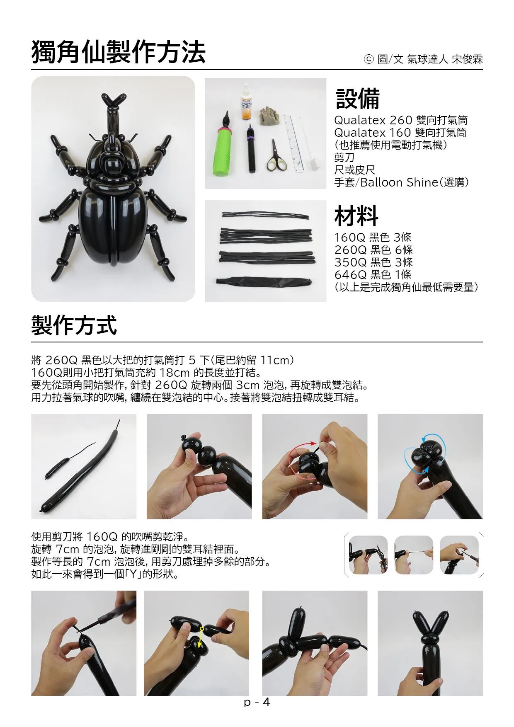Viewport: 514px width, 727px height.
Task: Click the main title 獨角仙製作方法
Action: coord(119,52)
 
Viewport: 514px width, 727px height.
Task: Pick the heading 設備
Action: coord(357,98)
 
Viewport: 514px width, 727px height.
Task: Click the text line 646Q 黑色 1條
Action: coord(373,274)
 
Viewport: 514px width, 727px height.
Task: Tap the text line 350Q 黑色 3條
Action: coord(373,262)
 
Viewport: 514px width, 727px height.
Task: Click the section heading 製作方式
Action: coord(74,325)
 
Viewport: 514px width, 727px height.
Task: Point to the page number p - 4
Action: coord(257,702)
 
